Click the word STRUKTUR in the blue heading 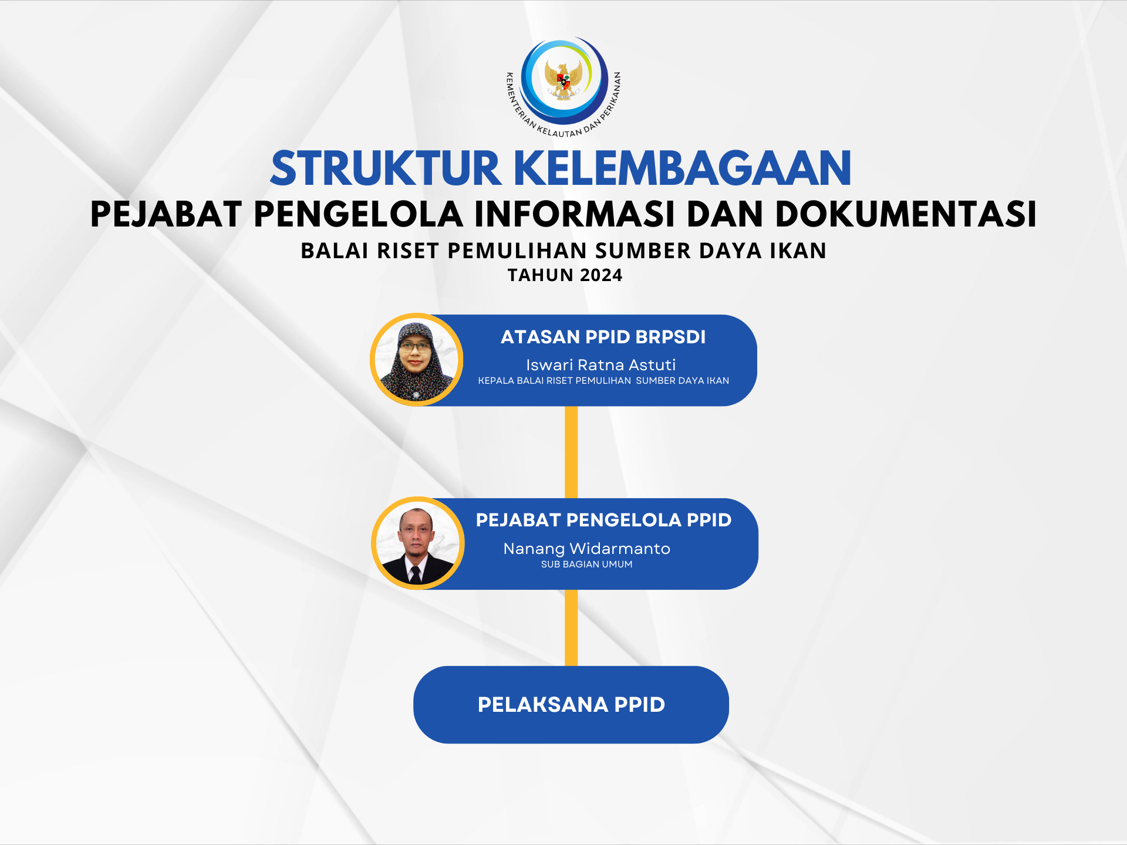(386, 168)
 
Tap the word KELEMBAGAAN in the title (683, 168)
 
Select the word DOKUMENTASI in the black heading (906, 214)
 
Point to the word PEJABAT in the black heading (166, 214)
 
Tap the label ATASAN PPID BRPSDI (603, 337)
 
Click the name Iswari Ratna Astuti (601, 365)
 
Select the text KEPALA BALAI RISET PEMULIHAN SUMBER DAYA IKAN (603, 381)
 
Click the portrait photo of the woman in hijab (417, 360)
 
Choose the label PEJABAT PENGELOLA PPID (603, 520)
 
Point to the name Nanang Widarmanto (587, 549)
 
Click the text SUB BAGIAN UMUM (587, 565)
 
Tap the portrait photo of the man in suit (417, 543)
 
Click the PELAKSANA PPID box (571, 705)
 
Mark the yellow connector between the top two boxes (571, 452)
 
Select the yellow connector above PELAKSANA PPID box (571, 628)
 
